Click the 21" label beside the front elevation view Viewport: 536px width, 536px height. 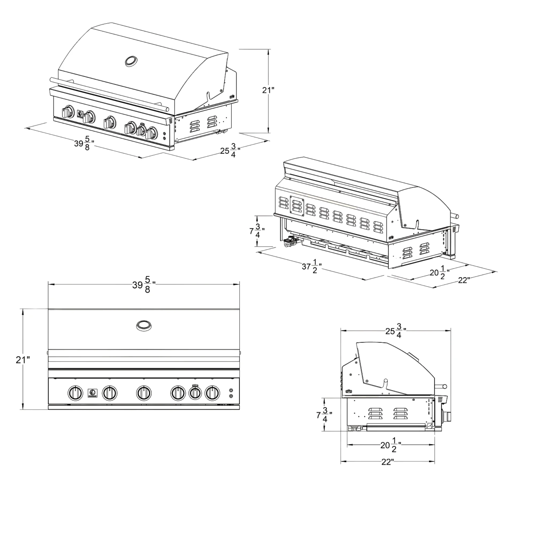[23, 360]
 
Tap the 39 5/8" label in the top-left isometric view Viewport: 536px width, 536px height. [84, 143]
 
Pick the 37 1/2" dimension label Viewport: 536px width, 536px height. [312, 267]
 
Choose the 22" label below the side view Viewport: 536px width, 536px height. [388, 462]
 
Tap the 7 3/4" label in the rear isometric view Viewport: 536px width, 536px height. [257, 230]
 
